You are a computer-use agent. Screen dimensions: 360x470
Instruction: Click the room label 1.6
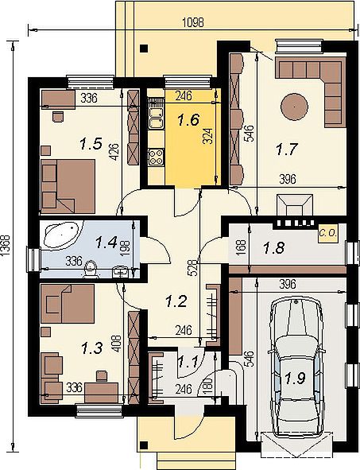188,120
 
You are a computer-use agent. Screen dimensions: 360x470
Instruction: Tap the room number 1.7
287,149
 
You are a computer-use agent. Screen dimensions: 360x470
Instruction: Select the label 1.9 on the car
295,379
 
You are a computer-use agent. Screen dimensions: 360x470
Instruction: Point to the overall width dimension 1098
193,23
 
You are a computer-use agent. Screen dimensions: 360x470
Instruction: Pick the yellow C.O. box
327,233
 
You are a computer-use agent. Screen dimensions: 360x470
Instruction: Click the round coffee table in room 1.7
294,107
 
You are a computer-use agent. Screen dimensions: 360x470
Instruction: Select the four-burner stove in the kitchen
156,157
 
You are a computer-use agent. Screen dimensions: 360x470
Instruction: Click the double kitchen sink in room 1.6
156,118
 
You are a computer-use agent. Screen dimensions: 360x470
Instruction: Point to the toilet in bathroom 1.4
91,268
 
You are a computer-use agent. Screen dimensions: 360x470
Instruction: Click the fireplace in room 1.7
295,204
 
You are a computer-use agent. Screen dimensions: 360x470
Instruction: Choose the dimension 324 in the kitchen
208,137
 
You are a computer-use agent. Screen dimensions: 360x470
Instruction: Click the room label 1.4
106,243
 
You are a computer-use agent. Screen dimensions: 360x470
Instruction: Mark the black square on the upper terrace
145,49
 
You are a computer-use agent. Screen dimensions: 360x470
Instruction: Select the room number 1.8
273,247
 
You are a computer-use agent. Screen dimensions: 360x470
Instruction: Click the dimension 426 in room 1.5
115,153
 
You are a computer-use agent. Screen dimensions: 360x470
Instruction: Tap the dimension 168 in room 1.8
242,247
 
